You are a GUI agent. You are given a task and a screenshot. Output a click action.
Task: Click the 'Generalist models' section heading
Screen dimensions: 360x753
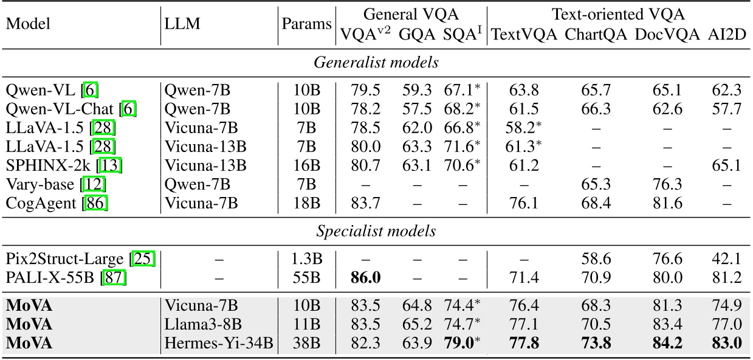coord(376,63)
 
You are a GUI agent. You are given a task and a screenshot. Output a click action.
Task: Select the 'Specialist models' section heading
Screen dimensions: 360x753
coord(376,231)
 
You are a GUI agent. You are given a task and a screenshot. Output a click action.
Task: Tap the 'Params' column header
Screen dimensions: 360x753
coord(306,24)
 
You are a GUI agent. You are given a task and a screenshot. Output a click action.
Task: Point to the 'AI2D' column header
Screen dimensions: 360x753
coord(726,35)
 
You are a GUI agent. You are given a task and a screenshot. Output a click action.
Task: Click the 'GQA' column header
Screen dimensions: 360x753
coord(417,35)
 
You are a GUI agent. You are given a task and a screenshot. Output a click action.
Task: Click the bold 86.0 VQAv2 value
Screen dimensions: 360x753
coord(365,278)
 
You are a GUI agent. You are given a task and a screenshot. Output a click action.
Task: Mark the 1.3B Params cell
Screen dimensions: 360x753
coord(306,259)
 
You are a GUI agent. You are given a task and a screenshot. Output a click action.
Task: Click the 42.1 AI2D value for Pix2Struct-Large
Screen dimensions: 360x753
coord(726,259)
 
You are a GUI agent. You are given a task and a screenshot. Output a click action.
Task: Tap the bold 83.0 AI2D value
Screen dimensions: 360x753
coord(726,344)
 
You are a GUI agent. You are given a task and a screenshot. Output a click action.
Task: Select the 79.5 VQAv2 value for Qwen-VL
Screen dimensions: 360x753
coord(365,91)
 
